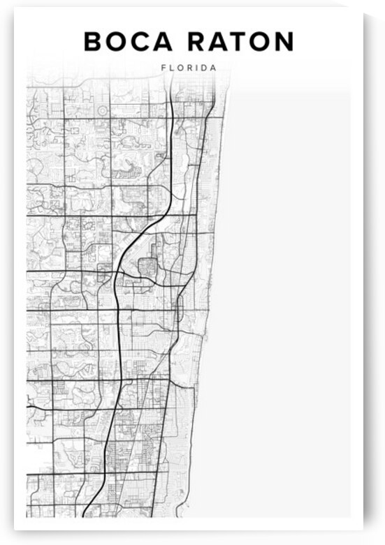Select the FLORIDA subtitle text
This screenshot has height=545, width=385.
coord(188,68)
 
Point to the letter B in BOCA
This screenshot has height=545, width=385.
coord(93,42)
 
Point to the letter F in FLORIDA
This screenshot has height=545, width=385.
coord(163,68)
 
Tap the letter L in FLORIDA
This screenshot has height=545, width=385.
coord(171,68)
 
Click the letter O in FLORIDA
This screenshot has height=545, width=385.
coord(180,68)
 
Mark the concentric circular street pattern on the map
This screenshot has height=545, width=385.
coord(103,110)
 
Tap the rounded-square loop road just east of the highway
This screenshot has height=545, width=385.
coord(149,268)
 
